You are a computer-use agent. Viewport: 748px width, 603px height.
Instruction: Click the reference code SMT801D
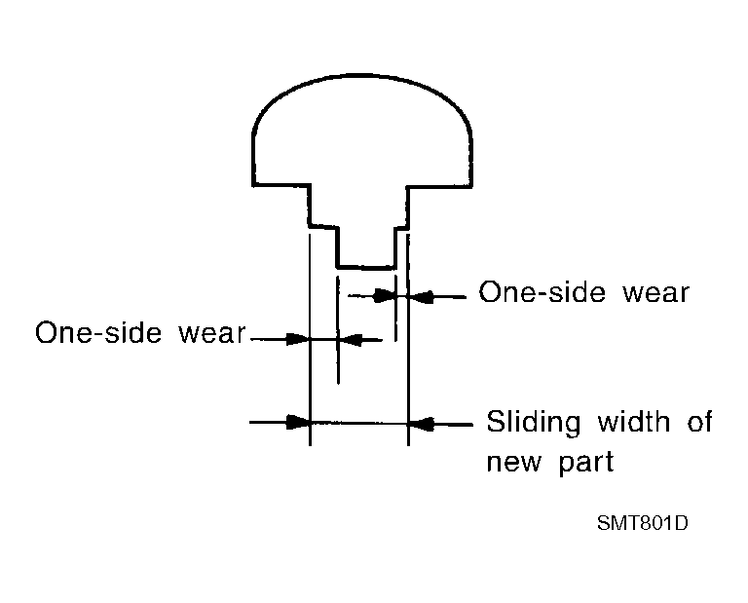click(x=643, y=523)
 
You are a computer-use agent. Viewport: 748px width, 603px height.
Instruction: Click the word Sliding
click(x=534, y=422)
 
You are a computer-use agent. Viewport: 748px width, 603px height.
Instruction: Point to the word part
click(x=585, y=463)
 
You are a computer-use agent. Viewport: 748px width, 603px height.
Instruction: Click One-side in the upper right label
click(x=542, y=291)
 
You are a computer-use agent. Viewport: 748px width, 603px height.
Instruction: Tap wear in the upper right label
click(x=656, y=293)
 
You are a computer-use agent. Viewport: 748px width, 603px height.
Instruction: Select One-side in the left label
click(x=98, y=332)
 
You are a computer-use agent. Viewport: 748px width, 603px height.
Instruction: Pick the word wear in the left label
click(x=212, y=333)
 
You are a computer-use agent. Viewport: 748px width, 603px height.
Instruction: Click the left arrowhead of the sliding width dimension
click(x=298, y=422)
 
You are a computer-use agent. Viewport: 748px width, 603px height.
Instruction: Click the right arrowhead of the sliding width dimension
click(x=421, y=423)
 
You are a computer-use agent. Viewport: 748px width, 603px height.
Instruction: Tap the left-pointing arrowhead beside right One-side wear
click(x=422, y=297)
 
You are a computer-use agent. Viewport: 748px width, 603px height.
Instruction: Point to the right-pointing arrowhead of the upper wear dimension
click(x=385, y=296)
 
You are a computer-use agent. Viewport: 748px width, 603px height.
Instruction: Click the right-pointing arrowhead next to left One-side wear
click(x=298, y=340)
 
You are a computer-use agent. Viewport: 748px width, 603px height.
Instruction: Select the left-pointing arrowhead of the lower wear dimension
click(x=351, y=340)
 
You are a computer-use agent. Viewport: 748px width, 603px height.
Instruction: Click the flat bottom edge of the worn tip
click(x=366, y=267)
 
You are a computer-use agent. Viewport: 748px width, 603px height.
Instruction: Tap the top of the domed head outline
click(x=360, y=75)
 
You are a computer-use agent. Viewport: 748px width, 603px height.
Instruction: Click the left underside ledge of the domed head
click(x=281, y=184)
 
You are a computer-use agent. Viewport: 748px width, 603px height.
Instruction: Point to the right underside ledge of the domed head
click(x=439, y=185)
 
